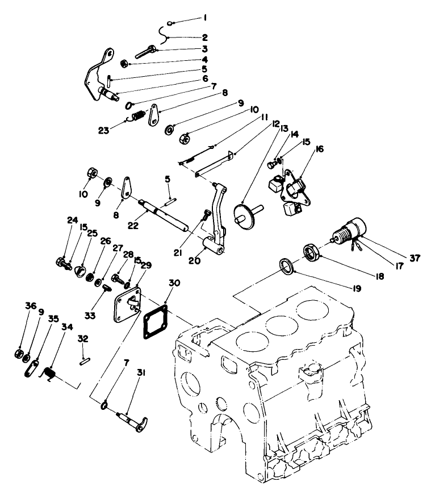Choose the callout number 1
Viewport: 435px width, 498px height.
205,18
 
